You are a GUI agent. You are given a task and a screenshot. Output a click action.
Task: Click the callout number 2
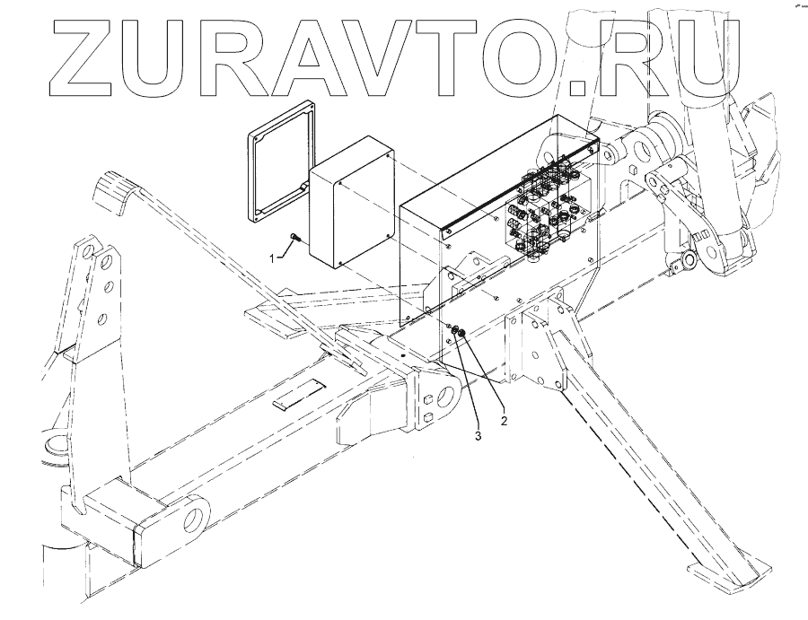tap(505, 418)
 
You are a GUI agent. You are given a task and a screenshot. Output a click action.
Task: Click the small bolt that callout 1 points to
tap(294, 240)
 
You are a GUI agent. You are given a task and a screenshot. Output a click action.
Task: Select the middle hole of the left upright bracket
tap(108, 289)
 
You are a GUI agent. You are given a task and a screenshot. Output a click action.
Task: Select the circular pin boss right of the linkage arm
tap(689, 260)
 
